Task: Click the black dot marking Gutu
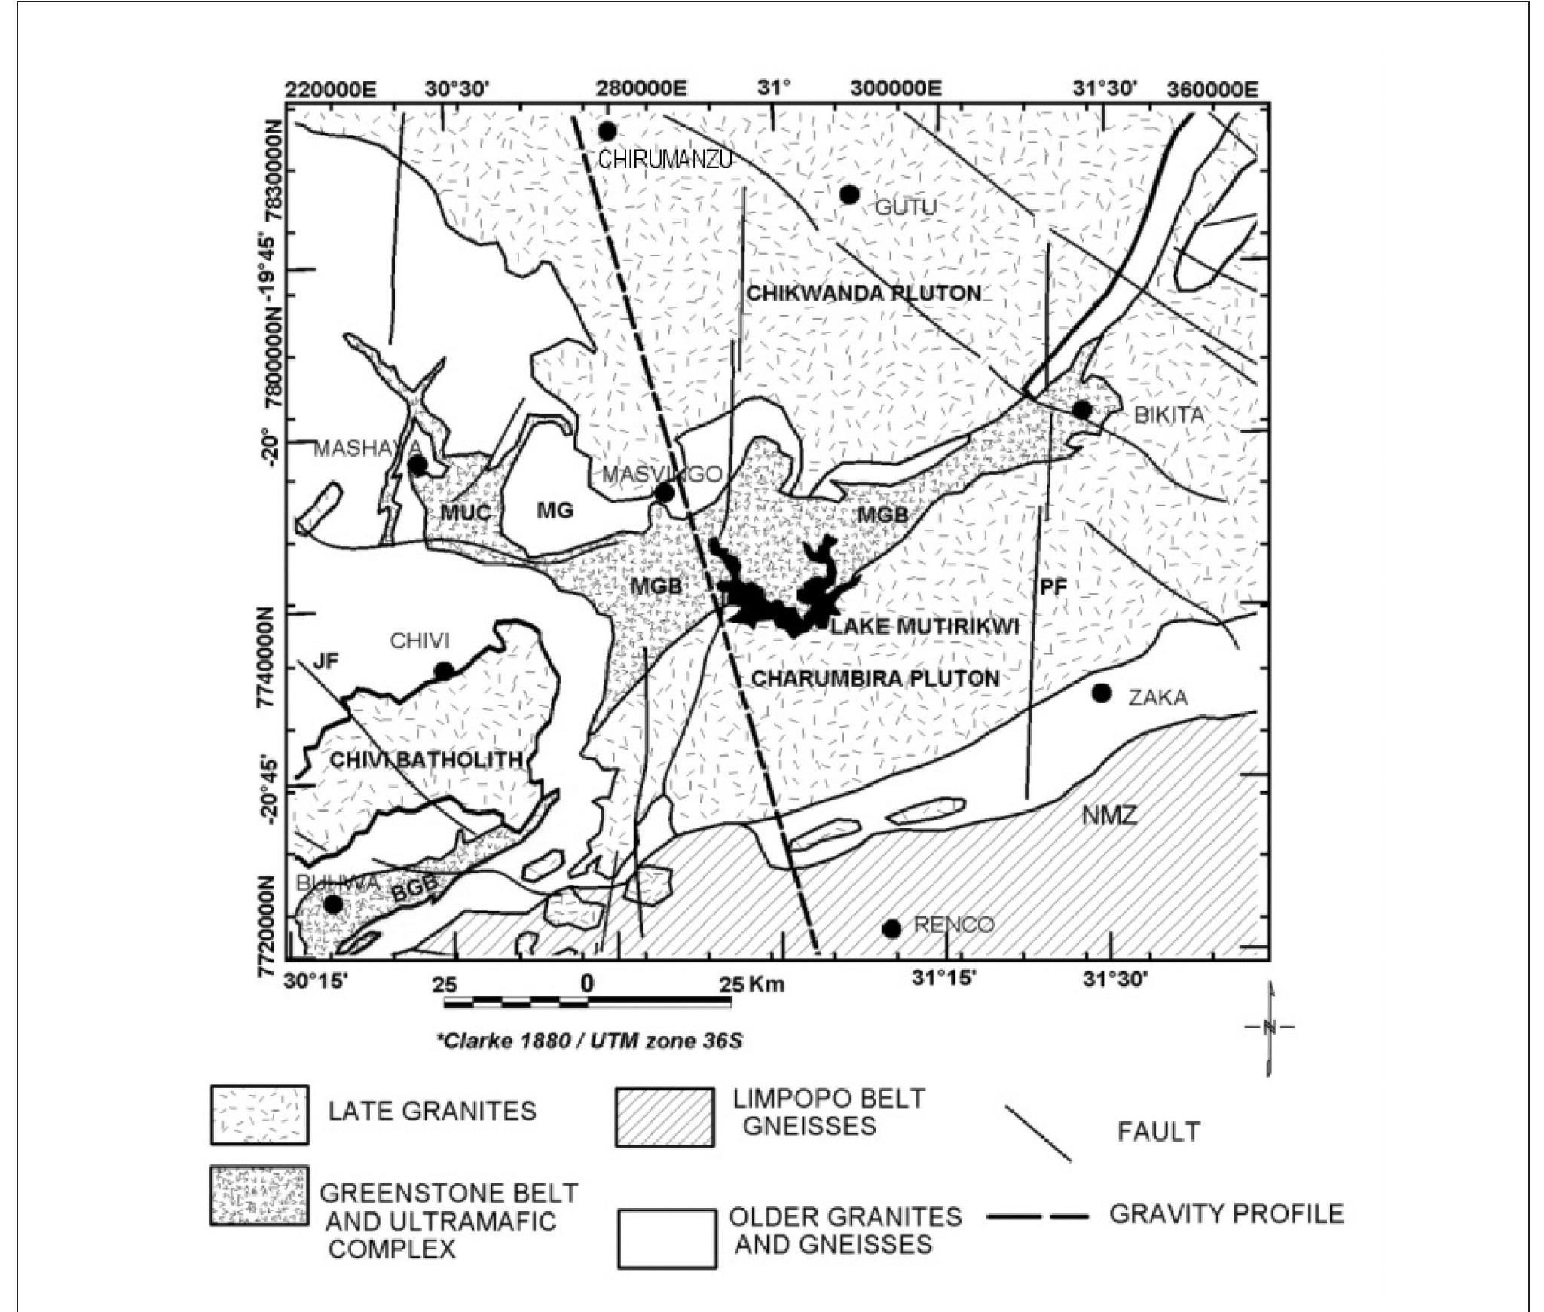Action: pyautogui.click(x=849, y=194)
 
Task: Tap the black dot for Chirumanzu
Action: pyautogui.click(x=607, y=131)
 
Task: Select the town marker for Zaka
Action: pyautogui.click(x=1102, y=692)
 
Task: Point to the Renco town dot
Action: pyautogui.click(x=891, y=928)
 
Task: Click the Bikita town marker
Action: pyautogui.click(x=1082, y=410)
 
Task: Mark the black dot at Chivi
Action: pyautogui.click(x=444, y=671)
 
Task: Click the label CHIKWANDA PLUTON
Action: pyautogui.click(x=864, y=293)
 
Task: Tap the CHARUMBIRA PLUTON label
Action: pyautogui.click(x=876, y=678)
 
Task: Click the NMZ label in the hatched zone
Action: pyautogui.click(x=1108, y=815)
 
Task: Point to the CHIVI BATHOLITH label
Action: pyautogui.click(x=427, y=760)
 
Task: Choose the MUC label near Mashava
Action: pyautogui.click(x=465, y=513)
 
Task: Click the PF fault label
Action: pyautogui.click(x=1053, y=587)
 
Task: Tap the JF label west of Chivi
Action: pyautogui.click(x=326, y=661)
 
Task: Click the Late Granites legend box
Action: pyautogui.click(x=259, y=1114)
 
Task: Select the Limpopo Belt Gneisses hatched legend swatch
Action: pyautogui.click(x=665, y=1117)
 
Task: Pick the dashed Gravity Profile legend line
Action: pyautogui.click(x=1037, y=1216)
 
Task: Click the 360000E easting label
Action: pyautogui.click(x=1212, y=90)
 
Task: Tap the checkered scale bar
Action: pyautogui.click(x=587, y=1003)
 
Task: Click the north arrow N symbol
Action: pyautogui.click(x=1270, y=1026)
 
